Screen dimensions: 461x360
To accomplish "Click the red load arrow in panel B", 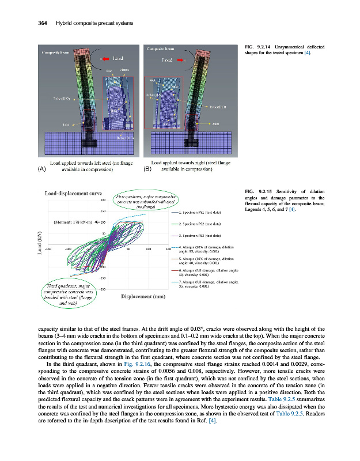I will coord(181,59).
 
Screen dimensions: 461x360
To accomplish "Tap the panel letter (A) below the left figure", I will coord(41,169).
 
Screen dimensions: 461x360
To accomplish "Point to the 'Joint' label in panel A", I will coord(58,124).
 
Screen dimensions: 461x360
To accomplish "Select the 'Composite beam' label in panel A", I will coord(55,52).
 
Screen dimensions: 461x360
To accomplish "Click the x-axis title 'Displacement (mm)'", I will coord(144,297).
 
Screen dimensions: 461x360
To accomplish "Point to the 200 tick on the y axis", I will coord(103,201).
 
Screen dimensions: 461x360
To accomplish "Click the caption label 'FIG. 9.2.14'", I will coord(257,47).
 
